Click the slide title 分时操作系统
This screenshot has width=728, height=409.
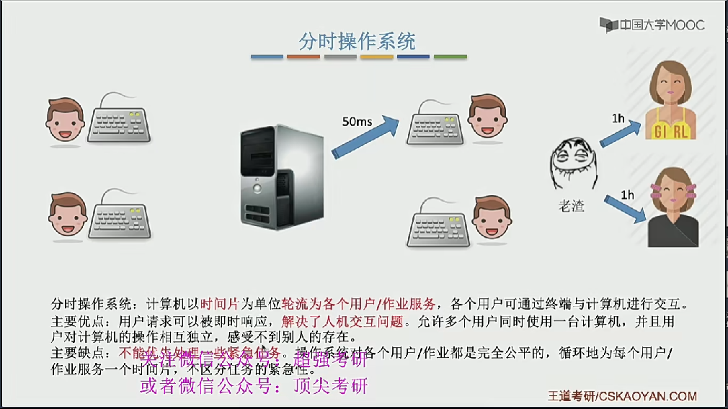pos(358,40)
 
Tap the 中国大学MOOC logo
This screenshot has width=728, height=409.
pos(653,25)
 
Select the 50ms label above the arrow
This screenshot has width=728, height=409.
pos(357,122)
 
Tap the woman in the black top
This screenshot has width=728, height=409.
pos(672,209)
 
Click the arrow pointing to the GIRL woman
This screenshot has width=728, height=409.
pos(622,135)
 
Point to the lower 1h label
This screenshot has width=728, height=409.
pos(627,194)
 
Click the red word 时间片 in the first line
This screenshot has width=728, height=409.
pos(216,303)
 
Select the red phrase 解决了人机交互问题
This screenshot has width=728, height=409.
pos(336,321)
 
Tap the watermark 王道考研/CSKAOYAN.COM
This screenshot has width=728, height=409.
pos(621,396)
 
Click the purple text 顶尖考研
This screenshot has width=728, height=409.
pos(331,386)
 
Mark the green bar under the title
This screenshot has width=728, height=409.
pos(450,57)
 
